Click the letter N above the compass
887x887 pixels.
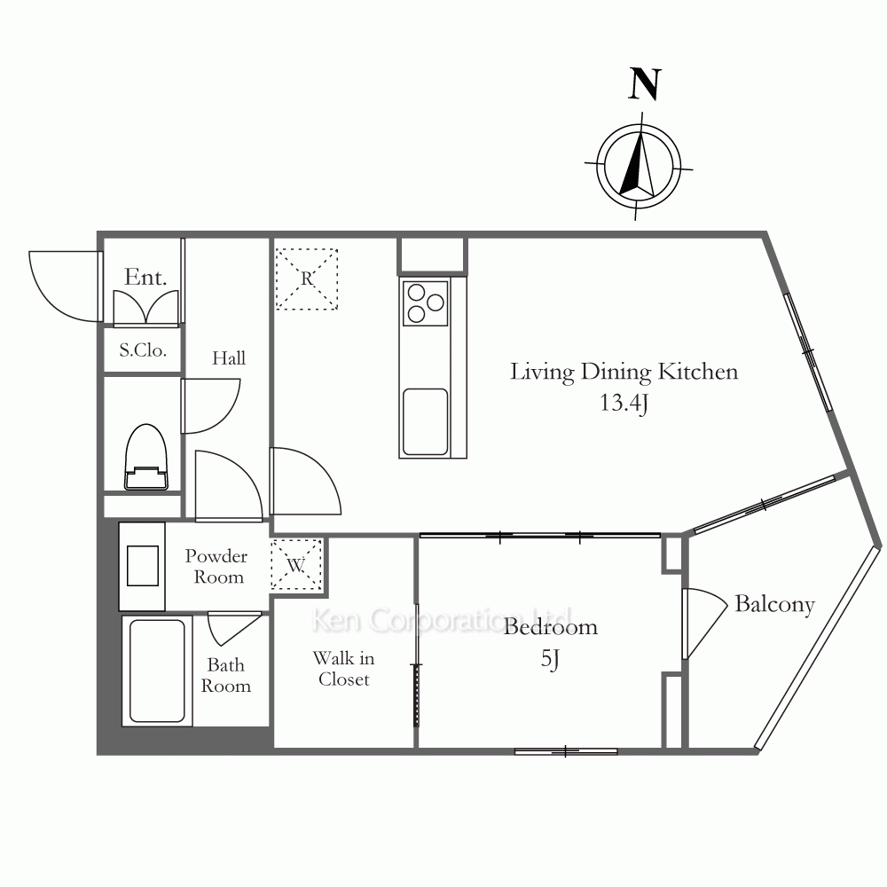645,84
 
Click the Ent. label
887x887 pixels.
145,277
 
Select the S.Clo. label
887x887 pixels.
143,350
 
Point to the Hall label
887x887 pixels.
229,358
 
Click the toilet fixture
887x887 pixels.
146,457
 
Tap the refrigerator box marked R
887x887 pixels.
307,279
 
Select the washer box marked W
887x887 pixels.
296,564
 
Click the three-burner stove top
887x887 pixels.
426,303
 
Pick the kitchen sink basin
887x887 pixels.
426,421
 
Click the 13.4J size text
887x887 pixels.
624,403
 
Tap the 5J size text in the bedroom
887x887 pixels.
550,658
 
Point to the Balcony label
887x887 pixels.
774,604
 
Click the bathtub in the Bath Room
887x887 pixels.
157,671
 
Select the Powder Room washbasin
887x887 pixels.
142,566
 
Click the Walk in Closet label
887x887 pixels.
344,669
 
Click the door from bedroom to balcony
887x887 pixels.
705,624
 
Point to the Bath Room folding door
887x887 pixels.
234,629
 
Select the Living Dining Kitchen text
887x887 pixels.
624,373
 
